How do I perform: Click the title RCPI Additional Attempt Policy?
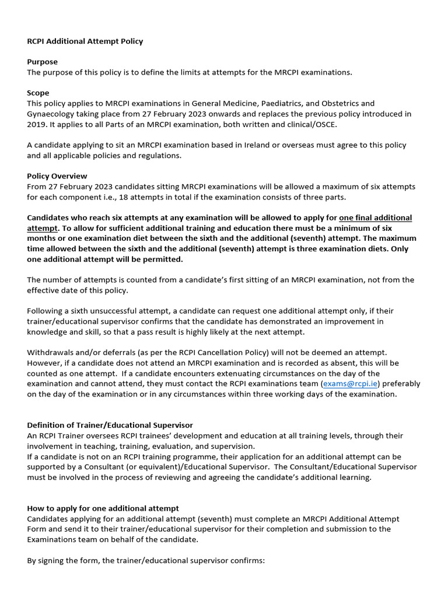click(85, 41)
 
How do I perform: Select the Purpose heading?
click(42, 62)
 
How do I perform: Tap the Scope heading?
click(38, 93)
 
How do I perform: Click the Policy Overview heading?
click(57, 176)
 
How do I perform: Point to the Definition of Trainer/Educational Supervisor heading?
click(110, 425)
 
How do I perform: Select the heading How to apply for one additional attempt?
click(103, 508)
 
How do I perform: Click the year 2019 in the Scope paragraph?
click(37, 124)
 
